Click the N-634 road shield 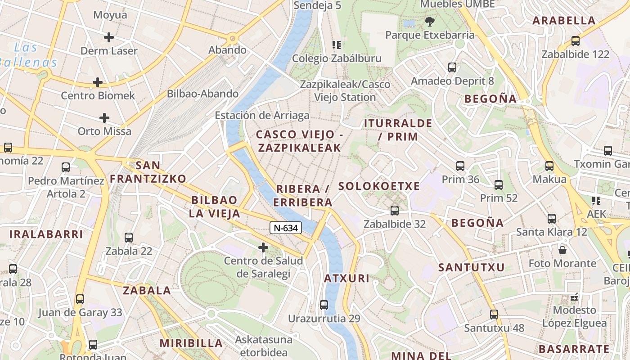point(286,228)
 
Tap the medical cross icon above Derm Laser point(108,37)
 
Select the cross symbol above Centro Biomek point(97,82)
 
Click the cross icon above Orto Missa point(104,118)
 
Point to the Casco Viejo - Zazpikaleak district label point(299,141)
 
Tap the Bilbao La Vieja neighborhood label point(214,207)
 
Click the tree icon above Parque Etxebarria point(430,21)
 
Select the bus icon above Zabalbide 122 point(575,41)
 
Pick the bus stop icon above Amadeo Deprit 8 point(452,67)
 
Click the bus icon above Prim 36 point(460,166)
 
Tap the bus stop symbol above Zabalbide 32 point(395,210)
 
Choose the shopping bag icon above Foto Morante point(562,250)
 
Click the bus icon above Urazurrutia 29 point(324,305)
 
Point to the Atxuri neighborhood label point(346,279)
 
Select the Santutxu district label point(472,267)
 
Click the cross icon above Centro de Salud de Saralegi point(263,247)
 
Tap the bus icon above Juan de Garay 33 point(80,299)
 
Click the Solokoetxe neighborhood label point(379,186)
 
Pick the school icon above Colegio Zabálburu point(337,45)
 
